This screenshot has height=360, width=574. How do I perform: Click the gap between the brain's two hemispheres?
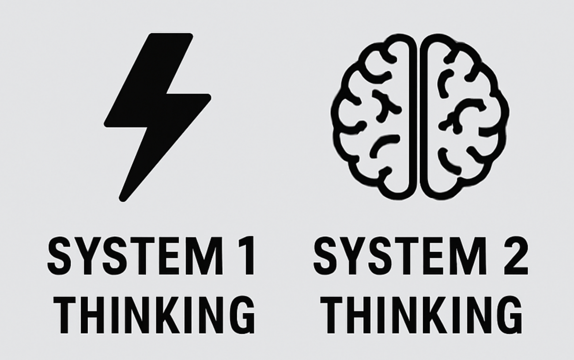point(418,116)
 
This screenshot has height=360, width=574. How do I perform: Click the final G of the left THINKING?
point(241,315)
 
